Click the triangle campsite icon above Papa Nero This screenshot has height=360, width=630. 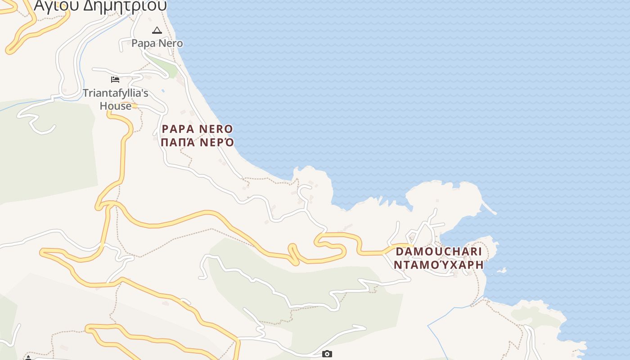(157, 31)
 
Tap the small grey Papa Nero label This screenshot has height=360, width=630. (157, 43)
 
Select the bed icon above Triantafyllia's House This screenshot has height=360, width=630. (115, 80)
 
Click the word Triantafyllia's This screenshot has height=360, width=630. (115, 94)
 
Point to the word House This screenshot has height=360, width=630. (116, 106)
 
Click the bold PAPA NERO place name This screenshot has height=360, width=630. (197, 129)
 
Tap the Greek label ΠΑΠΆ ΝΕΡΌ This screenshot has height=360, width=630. (197, 143)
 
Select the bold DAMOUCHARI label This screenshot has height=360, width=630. (438, 252)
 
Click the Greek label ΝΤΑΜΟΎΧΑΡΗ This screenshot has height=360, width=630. (438, 265)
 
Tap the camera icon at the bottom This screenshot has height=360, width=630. (327, 354)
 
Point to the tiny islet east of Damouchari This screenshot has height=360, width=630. (502, 270)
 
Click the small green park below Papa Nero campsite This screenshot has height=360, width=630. (165, 66)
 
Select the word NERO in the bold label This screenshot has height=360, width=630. (216, 129)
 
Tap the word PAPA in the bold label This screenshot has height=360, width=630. (178, 129)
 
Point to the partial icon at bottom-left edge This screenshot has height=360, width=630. (28, 358)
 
